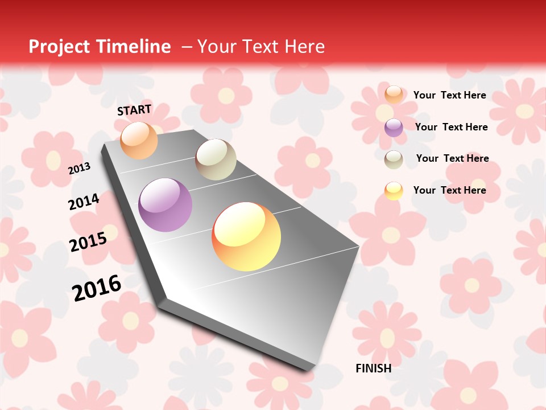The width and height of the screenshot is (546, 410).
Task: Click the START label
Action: coord(134,110)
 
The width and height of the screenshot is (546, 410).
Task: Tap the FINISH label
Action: coord(374,368)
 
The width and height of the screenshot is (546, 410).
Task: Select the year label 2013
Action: coord(79,168)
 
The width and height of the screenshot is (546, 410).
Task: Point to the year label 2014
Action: coord(84,202)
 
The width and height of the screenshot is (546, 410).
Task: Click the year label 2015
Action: coord(88,242)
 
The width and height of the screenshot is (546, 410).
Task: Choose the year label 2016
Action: coord(97,288)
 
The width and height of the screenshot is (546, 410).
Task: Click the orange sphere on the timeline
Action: coord(139,140)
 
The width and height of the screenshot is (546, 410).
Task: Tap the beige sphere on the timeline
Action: coord(216,159)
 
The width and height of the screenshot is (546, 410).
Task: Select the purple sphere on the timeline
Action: coord(165,205)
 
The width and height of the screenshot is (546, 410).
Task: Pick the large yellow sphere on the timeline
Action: coord(246,236)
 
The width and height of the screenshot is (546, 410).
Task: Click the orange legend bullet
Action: coord(394,95)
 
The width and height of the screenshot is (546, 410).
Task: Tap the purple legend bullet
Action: coord(394,128)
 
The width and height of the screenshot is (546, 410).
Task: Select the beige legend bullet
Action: coord(394,159)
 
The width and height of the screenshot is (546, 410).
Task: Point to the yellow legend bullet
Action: coord(394,191)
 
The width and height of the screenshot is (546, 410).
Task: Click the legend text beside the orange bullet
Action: coord(450,95)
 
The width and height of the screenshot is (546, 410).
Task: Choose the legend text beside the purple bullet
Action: coord(452,127)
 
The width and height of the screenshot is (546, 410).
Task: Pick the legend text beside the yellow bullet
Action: coord(450,190)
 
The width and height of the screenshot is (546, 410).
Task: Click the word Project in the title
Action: coord(59,47)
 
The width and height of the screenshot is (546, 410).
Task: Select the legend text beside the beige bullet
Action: coord(453,158)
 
